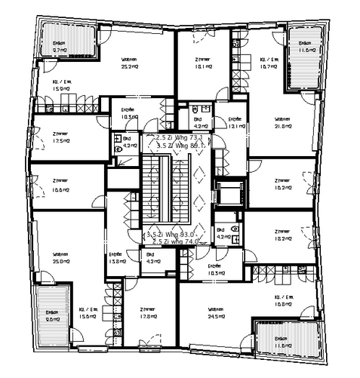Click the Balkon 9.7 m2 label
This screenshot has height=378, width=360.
pyautogui.click(x=60, y=48)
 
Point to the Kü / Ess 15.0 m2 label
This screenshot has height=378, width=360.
pyautogui.click(x=61, y=85)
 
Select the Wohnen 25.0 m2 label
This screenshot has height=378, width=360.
pyautogui.click(x=62, y=258)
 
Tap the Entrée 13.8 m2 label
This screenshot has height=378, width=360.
pyautogui.click(x=117, y=257)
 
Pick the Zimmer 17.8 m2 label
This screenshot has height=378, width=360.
pyautogui.click(x=147, y=314)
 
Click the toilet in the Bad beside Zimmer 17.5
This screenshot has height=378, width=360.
pyautogui.click(x=119, y=150)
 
